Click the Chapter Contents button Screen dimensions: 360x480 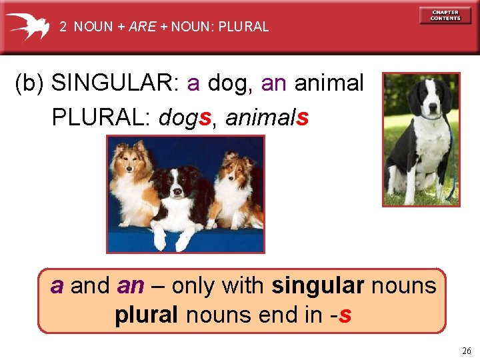pyautogui.click(x=445, y=15)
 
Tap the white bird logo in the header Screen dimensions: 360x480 pyautogui.click(x=28, y=26)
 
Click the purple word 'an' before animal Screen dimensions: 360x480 pyautogui.click(x=274, y=84)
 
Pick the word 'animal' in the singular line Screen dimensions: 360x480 pyautogui.click(x=329, y=84)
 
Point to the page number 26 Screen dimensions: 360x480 pyautogui.click(x=465, y=351)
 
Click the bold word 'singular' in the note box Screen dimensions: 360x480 pyautogui.click(x=318, y=286)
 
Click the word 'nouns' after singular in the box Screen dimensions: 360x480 pyautogui.click(x=404, y=286)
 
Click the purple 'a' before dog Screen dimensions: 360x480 pyautogui.click(x=193, y=84)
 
